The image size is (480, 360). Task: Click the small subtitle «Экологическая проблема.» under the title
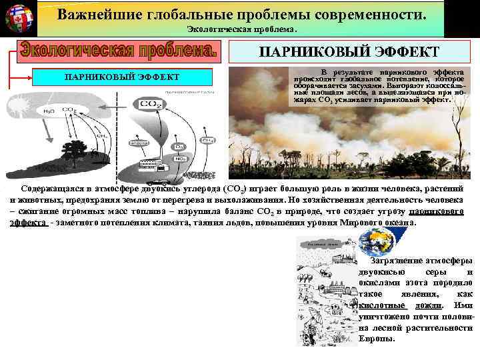pyautogui.click(x=239, y=30)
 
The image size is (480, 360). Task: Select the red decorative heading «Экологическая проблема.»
pyautogui.click(x=119, y=50)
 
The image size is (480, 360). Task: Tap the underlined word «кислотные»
pyautogui.click(x=376, y=305)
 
